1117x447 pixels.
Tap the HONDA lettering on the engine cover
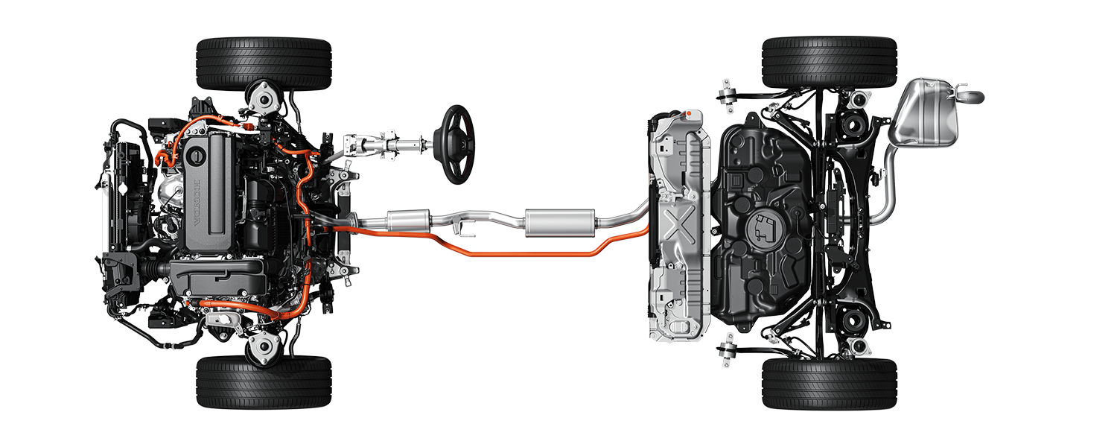click(197, 202)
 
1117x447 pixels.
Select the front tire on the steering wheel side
click(264, 63)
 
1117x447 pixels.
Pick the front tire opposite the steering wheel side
click(264, 382)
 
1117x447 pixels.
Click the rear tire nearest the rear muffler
click(830, 63)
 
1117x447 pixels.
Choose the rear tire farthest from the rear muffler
click(830, 383)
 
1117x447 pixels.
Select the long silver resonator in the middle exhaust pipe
click(560, 223)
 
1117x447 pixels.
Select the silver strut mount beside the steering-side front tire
click(264, 99)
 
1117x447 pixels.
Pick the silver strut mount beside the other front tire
click(264, 346)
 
